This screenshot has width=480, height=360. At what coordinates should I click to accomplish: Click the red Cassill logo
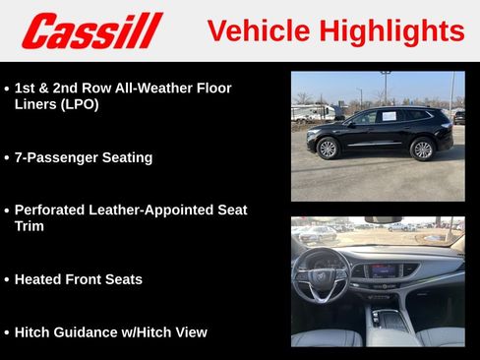pos(91,30)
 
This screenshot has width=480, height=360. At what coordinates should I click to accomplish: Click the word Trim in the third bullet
pos(30,226)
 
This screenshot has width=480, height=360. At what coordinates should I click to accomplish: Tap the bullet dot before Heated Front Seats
pos(7,280)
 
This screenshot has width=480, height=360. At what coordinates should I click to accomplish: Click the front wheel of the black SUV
pos(328,149)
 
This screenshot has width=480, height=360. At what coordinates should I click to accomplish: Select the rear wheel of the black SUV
pos(422,150)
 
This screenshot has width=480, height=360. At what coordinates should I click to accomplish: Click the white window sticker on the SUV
pos(389,116)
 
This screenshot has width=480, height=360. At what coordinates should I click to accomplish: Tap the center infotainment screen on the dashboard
pos(385,270)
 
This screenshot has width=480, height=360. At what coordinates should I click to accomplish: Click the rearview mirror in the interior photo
pos(383,220)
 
